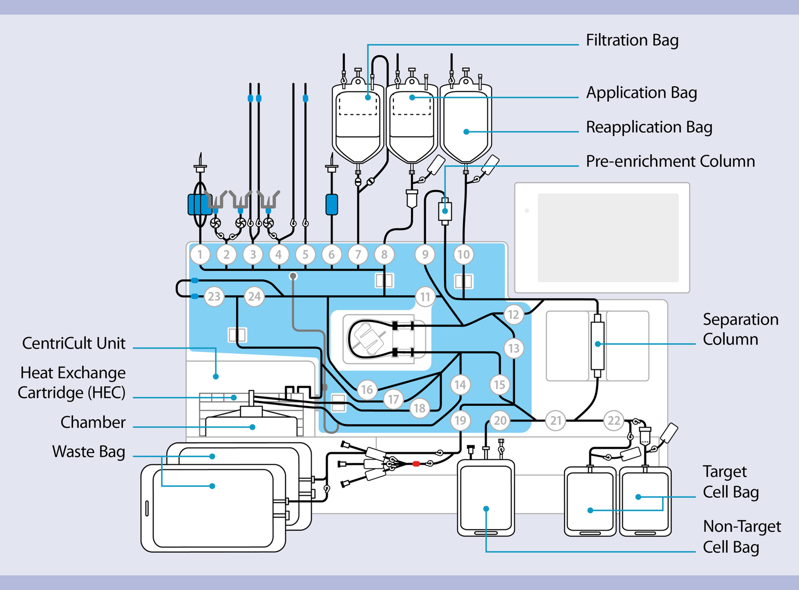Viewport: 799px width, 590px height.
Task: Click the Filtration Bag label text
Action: pos(632,40)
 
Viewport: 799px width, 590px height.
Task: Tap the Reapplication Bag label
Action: pos(649,127)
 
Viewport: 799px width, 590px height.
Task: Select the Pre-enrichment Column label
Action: pos(670,161)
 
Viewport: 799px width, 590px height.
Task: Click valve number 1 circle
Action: pos(200,254)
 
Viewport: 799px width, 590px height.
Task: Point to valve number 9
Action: pos(425,254)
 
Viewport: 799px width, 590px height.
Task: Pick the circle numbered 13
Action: pos(514,348)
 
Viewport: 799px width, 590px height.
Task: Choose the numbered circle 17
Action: pos(393,400)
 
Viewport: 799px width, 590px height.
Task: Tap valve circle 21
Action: pos(556,420)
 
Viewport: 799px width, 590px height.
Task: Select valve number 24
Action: pos(254,296)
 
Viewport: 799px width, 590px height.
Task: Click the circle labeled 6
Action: pos(332,254)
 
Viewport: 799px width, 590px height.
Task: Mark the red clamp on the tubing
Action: pos(416,464)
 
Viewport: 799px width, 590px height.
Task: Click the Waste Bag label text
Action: pos(88,452)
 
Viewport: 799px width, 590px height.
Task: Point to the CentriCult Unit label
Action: pos(74,343)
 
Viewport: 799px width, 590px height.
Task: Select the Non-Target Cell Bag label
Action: pos(741,537)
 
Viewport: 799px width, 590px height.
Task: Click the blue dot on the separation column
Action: pos(598,344)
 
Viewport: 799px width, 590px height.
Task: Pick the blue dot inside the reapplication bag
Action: pos(466,132)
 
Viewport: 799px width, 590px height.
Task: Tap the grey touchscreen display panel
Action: pos(608,237)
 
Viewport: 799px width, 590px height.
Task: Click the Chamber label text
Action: pos(93,422)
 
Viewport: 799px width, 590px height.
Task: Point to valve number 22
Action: pos(614,420)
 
